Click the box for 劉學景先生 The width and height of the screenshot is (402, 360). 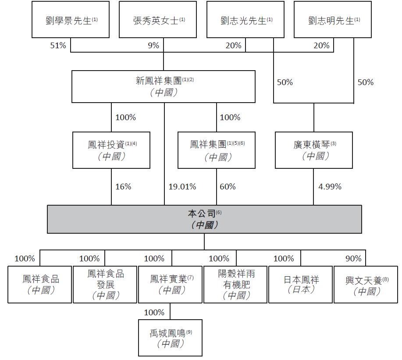coord(71,20)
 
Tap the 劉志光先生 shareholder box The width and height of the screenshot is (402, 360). coord(245,20)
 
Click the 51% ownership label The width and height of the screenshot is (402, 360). coord(58,45)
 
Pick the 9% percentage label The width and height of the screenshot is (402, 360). coord(153,45)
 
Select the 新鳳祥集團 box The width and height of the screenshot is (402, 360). coord(164,86)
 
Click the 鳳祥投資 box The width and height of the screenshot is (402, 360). coord(111,150)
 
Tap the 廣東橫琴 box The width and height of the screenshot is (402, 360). coord(314,150)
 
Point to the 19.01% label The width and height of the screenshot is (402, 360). coord(182,186)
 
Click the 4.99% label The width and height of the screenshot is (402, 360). coord(330,186)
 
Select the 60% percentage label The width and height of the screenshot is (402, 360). coord(228,186)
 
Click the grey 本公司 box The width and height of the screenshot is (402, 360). coord(204,219)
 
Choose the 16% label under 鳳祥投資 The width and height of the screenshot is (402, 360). coord(123,186)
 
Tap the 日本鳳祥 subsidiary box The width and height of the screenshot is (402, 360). coord(300,284)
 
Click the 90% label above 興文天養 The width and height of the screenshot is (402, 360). coord(353,258)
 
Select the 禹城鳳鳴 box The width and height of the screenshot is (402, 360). coord(170,338)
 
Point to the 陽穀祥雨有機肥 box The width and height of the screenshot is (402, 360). coord(235,284)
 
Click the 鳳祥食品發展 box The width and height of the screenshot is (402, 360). coord(105,284)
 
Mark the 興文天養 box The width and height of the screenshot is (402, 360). coord(366,284)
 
